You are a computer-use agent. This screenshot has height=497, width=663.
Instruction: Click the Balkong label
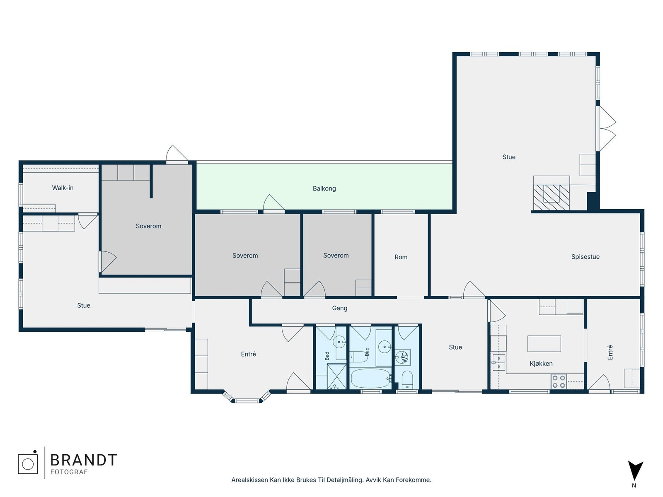pyautogui.click(x=324, y=188)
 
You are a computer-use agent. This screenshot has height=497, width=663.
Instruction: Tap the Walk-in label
pyautogui.click(x=63, y=188)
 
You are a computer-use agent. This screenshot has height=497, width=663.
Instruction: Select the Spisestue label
pyautogui.click(x=585, y=257)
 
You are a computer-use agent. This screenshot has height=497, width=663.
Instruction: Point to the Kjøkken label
pyautogui.click(x=541, y=364)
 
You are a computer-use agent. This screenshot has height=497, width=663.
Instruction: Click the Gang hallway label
pyautogui.click(x=339, y=308)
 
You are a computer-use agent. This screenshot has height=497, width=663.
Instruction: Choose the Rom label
pyautogui.click(x=401, y=257)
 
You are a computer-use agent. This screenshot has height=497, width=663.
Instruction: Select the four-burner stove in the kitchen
pyautogui.click(x=559, y=381)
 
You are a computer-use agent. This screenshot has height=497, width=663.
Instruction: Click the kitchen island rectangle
pyautogui.click(x=544, y=344)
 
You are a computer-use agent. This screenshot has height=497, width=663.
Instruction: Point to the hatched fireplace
pyautogui.click(x=551, y=198)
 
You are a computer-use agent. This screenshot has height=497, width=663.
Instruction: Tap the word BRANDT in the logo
pyautogui.click(x=83, y=460)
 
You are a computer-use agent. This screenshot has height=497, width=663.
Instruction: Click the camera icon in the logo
pyautogui.click(x=28, y=463)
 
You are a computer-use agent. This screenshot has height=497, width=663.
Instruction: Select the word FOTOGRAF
pyautogui.click(x=69, y=472)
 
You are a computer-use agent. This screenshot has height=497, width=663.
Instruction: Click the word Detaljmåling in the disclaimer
pyautogui.click(x=345, y=480)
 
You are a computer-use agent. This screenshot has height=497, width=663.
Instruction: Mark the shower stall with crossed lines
pyautogui.click(x=337, y=376)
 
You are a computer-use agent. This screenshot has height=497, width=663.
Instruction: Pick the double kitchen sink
pyautogui.click(x=498, y=362)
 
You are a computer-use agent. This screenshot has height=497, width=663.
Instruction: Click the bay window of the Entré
pyautogui.click(x=247, y=397)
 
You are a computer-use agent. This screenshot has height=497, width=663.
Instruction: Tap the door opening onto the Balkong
pyautogui.click(x=274, y=203)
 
